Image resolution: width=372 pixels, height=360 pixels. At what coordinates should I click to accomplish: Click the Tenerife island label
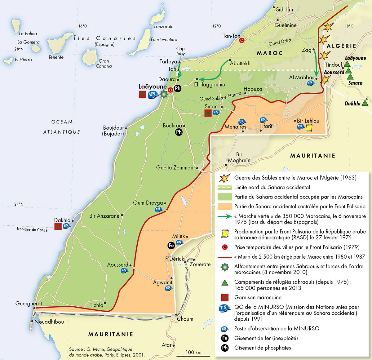pos(56,57)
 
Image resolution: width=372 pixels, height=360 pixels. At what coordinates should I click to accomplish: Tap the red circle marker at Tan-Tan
pos(242,40)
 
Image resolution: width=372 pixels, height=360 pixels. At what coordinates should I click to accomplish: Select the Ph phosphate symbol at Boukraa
pos(179,132)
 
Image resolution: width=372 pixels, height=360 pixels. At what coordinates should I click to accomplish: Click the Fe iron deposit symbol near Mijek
pos(171,245)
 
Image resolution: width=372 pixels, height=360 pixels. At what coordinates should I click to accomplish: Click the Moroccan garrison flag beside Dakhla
pos(58,227)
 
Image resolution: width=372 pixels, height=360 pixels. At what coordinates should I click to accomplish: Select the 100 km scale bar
pos(193,356)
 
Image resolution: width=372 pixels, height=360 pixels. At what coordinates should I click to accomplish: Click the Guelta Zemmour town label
pos(175,168)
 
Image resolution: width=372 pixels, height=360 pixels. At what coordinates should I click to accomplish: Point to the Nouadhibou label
pos(49,322)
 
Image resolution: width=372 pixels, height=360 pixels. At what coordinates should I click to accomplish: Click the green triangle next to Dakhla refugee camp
pos(365,102)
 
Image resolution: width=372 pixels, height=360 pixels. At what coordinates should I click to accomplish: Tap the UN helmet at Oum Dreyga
pos(159,209)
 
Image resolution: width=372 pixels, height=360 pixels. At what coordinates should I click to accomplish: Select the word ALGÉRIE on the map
pos(341,46)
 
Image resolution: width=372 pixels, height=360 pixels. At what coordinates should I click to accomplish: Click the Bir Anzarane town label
pos(104,216)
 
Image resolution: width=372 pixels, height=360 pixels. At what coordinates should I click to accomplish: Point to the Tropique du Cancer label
pos(33,229)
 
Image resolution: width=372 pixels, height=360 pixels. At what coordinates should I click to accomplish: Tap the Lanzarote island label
pos(164,27)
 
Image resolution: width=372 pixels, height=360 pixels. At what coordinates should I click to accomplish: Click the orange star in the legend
pos(224,178)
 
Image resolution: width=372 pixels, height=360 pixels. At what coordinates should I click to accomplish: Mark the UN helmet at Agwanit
pos(168,288)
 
